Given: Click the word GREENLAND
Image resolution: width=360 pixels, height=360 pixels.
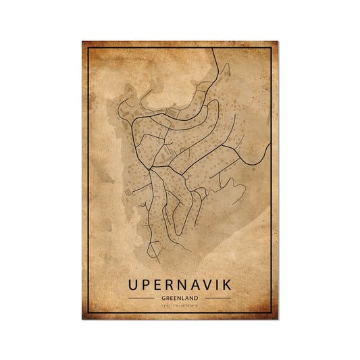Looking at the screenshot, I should [x=180, y=298].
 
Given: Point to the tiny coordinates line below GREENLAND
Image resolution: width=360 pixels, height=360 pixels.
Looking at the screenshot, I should [x=180, y=307].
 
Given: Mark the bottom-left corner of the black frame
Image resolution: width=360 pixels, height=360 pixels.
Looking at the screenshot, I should [x=88, y=313].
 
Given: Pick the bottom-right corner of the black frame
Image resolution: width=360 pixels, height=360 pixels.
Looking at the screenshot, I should [x=271, y=313].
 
